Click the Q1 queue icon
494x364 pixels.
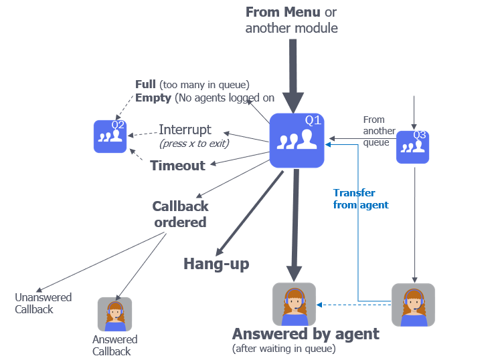click(x=297, y=140)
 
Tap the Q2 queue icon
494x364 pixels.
click(x=110, y=136)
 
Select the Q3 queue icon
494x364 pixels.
click(x=412, y=148)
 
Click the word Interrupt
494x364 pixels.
click(x=185, y=130)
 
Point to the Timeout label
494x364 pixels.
click(x=177, y=166)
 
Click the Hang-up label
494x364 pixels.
click(x=216, y=264)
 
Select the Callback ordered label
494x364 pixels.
click(x=180, y=214)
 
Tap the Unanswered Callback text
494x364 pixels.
click(x=43, y=303)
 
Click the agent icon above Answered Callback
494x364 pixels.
click(x=114, y=315)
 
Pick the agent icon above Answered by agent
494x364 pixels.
click(x=294, y=304)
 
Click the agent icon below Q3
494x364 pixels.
click(x=413, y=305)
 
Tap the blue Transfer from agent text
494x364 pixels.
click(x=361, y=199)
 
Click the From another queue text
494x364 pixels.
click(x=379, y=131)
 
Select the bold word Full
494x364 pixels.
click(x=145, y=85)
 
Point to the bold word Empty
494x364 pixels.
click(x=153, y=98)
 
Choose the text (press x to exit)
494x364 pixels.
click(x=194, y=144)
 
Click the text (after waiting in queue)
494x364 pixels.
click(x=284, y=349)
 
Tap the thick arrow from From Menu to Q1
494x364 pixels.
click(x=292, y=73)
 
